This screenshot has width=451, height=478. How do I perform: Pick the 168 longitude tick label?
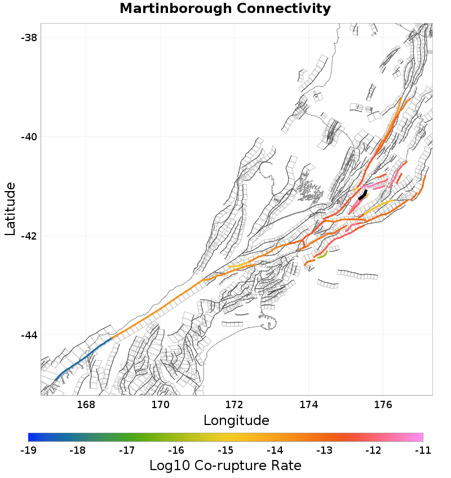[86, 404]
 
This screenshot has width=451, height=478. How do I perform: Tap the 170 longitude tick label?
[160, 404]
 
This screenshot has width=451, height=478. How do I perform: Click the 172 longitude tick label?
[235, 404]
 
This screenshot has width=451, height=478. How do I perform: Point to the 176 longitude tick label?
[383, 404]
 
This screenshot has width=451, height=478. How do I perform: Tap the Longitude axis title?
[236, 421]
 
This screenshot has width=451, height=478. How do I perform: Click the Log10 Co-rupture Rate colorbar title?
[225, 466]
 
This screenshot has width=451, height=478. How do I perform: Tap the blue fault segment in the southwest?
[79, 361]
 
